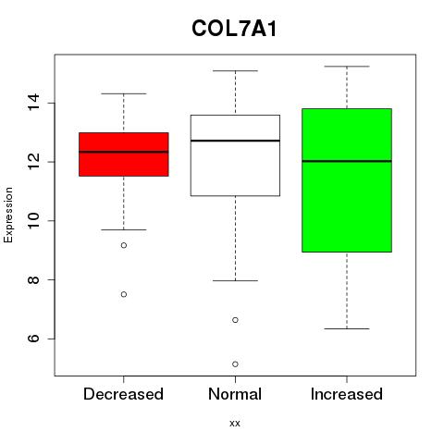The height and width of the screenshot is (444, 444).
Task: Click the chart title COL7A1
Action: click(x=234, y=29)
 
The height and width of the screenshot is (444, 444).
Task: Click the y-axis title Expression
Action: click(x=8, y=215)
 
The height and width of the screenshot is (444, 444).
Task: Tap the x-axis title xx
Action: click(x=235, y=424)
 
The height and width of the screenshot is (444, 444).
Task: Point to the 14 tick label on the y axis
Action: click(x=33, y=103)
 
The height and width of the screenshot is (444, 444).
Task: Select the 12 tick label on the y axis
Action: click(x=33, y=162)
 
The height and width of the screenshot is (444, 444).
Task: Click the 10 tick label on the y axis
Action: click(x=33, y=221)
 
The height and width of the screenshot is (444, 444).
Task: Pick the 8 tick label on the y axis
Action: click(x=33, y=279)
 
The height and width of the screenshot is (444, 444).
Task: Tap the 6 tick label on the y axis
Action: click(x=33, y=339)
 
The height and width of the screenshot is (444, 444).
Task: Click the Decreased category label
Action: click(x=123, y=394)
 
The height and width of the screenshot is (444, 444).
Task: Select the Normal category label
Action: click(x=235, y=394)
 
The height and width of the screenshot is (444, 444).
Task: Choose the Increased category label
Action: click(x=347, y=394)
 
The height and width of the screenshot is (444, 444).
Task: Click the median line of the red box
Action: click(x=124, y=152)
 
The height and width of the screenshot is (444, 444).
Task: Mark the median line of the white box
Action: click(x=235, y=141)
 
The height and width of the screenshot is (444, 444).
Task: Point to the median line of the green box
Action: click(x=347, y=161)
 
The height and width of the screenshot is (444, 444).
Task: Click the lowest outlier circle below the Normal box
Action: click(x=235, y=364)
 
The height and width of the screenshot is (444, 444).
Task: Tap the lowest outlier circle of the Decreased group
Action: click(x=124, y=294)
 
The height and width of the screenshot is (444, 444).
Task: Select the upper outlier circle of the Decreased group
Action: click(x=124, y=245)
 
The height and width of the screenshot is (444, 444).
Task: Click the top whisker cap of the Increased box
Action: click(x=347, y=67)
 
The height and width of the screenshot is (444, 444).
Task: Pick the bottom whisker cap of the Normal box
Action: click(x=235, y=280)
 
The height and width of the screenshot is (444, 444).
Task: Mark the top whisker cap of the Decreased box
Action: click(x=124, y=93)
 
